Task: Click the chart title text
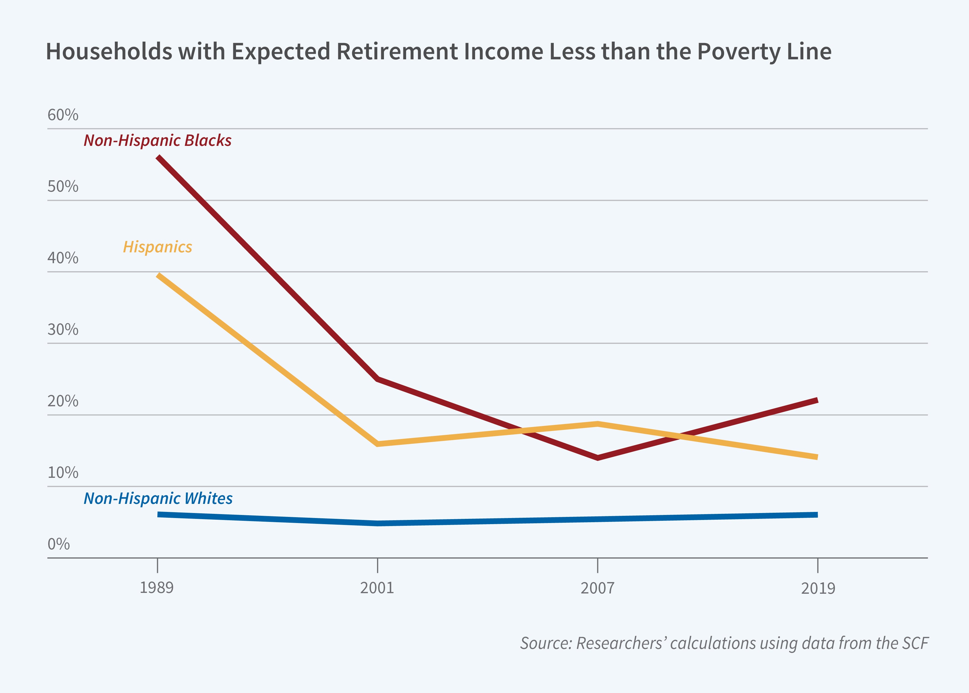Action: pyautogui.click(x=438, y=52)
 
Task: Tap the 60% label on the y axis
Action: pyautogui.click(x=63, y=115)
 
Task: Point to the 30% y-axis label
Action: pyautogui.click(x=63, y=329)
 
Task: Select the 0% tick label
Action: pyautogui.click(x=58, y=544)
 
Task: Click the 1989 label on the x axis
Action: pyautogui.click(x=157, y=588)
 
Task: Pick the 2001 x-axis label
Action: pyautogui.click(x=377, y=588)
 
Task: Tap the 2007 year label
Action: pyautogui.click(x=597, y=588)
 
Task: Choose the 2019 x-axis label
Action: pyautogui.click(x=818, y=588)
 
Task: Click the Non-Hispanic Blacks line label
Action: pyautogui.click(x=157, y=140)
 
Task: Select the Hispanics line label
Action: pyautogui.click(x=157, y=247)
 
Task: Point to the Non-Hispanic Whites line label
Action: pyautogui.click(x=158, y=498)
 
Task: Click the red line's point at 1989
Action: pyautogui.click(x=158, y=158)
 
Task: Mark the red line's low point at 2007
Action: pyautogui.click(x=598, y=458)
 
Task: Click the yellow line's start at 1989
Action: pyautogui.click(x=158, y=275)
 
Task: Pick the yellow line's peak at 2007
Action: pyautogui.click(x=598, y=424)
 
